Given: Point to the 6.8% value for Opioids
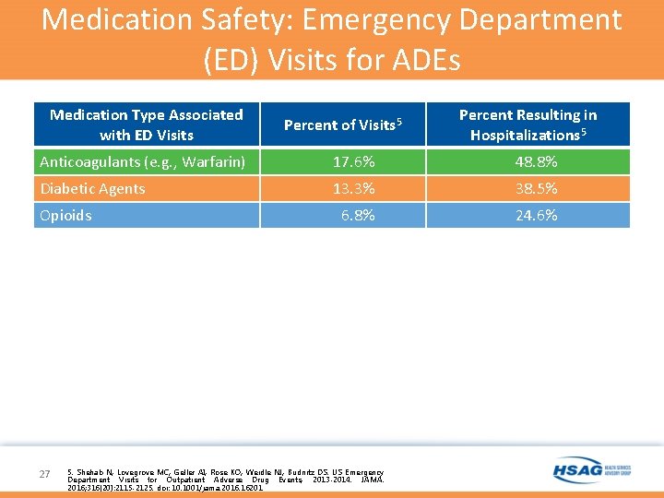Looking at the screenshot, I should tap(358, 216).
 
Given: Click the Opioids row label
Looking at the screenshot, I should tap(65, 216).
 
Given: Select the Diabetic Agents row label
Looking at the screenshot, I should tap(92, 189).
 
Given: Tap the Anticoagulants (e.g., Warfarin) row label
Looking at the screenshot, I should tap(142, 162).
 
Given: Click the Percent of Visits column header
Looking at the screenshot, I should tap(342, 125).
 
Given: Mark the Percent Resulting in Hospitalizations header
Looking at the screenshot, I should tap(528, 125).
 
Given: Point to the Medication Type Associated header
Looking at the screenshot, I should tap(146, 125).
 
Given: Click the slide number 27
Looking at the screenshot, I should tap(45, 474).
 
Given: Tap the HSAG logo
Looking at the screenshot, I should tap(591, 470).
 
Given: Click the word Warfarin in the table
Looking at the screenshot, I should tap(212, 162).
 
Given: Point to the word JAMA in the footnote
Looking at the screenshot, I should tap(373, 480).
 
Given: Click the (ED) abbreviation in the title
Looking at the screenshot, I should tap(231, 59).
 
